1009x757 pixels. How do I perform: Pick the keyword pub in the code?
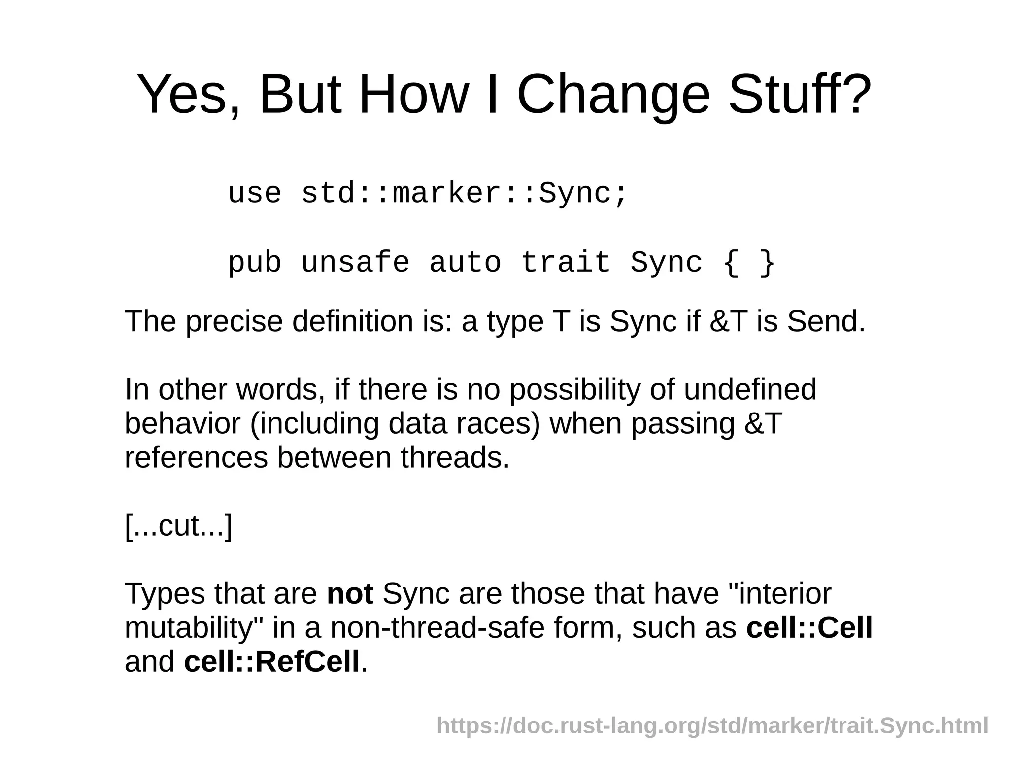point(255,262)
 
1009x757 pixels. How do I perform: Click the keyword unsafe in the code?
point(355,262)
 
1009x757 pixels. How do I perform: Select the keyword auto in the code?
point(465,262)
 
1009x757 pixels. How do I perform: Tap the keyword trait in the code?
point(566,262)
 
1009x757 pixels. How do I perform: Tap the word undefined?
point(749,389)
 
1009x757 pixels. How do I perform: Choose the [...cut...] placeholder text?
point(178,526)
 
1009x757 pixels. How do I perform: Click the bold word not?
point(350,593)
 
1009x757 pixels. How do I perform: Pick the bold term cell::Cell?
point(809,627)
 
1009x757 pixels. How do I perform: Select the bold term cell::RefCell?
point(271,661)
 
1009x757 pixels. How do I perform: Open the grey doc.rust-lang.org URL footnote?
point(712,726)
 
